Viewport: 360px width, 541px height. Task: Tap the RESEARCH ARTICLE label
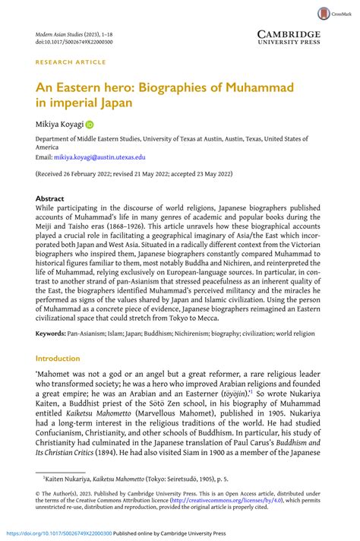click(x=69, y=64)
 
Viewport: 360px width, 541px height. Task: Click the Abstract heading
click(x=50, y=198)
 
